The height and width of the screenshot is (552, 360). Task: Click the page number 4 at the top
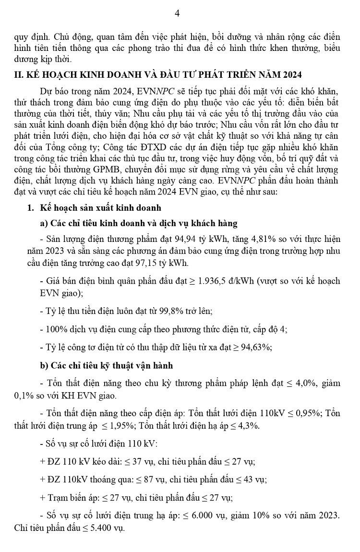click(177, 13)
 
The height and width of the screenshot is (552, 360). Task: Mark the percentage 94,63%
click(256, 347)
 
